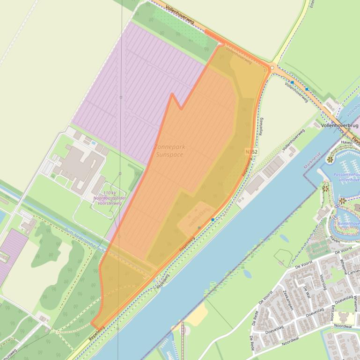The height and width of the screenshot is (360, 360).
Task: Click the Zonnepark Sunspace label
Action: click(x=169, y=150)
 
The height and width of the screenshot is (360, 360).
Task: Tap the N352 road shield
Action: click(x=251, y=152)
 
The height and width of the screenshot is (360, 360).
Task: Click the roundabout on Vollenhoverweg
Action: click(x=272, y=68)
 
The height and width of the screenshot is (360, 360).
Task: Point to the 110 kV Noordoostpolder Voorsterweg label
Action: click(x=106, y=198)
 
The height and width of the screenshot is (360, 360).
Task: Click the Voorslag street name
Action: click(x=323, y=283)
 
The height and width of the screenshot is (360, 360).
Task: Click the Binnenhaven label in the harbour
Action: click(x=347, y=223)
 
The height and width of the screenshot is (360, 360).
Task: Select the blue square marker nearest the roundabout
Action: click(x=292, y=82)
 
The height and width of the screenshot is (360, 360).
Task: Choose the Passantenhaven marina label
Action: click(x=347, y=177)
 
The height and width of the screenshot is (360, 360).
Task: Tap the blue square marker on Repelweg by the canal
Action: click(x=213, y=219)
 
